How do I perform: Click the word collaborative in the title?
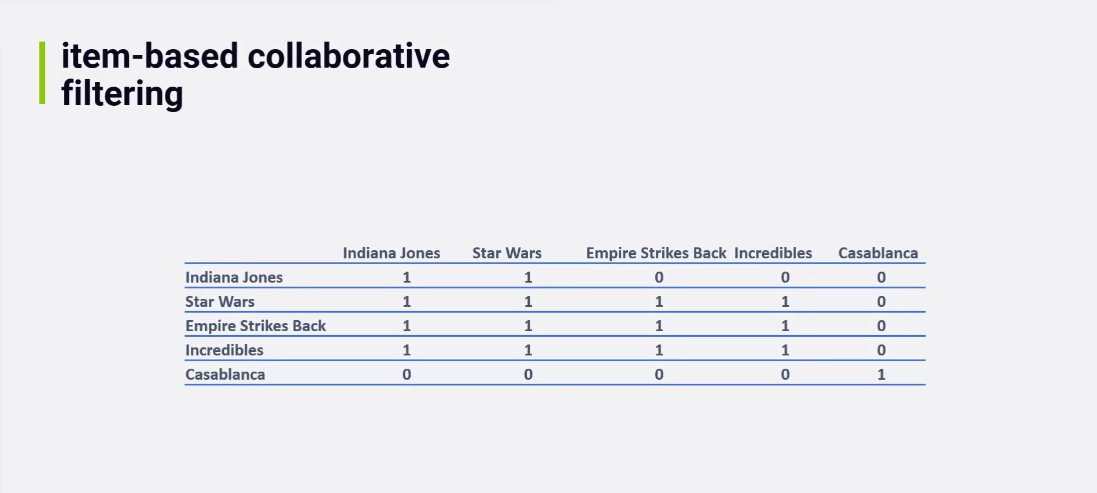(x=349, y=56)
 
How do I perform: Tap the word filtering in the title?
(x=122, y=94)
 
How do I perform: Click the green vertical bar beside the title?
(x=42, y=73)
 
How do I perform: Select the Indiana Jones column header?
(x=391, y=253)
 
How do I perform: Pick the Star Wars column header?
(x=507, y=253)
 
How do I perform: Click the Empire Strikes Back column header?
(x=656, y=253)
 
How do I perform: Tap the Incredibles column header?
(x=773, y=253)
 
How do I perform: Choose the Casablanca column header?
(x=878, y=253)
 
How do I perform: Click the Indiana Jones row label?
(x=234, y=277)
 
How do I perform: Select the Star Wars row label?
(x=220, y=302)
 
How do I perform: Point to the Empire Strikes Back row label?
(x=256, y=326)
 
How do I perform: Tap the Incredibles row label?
(x=224, y=350)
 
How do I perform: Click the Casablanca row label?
(x=225, y=375)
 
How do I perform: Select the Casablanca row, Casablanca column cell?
(x=881, y=375)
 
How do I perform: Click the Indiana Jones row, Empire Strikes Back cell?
(x=659, y=277)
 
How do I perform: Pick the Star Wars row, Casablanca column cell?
(x=881, y=302)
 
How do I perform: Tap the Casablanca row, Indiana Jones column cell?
(x=407, y=375)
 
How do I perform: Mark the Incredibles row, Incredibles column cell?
(x=785, y=350)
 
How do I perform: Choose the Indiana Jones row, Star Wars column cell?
(x=529, y=277)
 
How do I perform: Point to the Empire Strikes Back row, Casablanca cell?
(x=881, y=326)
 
